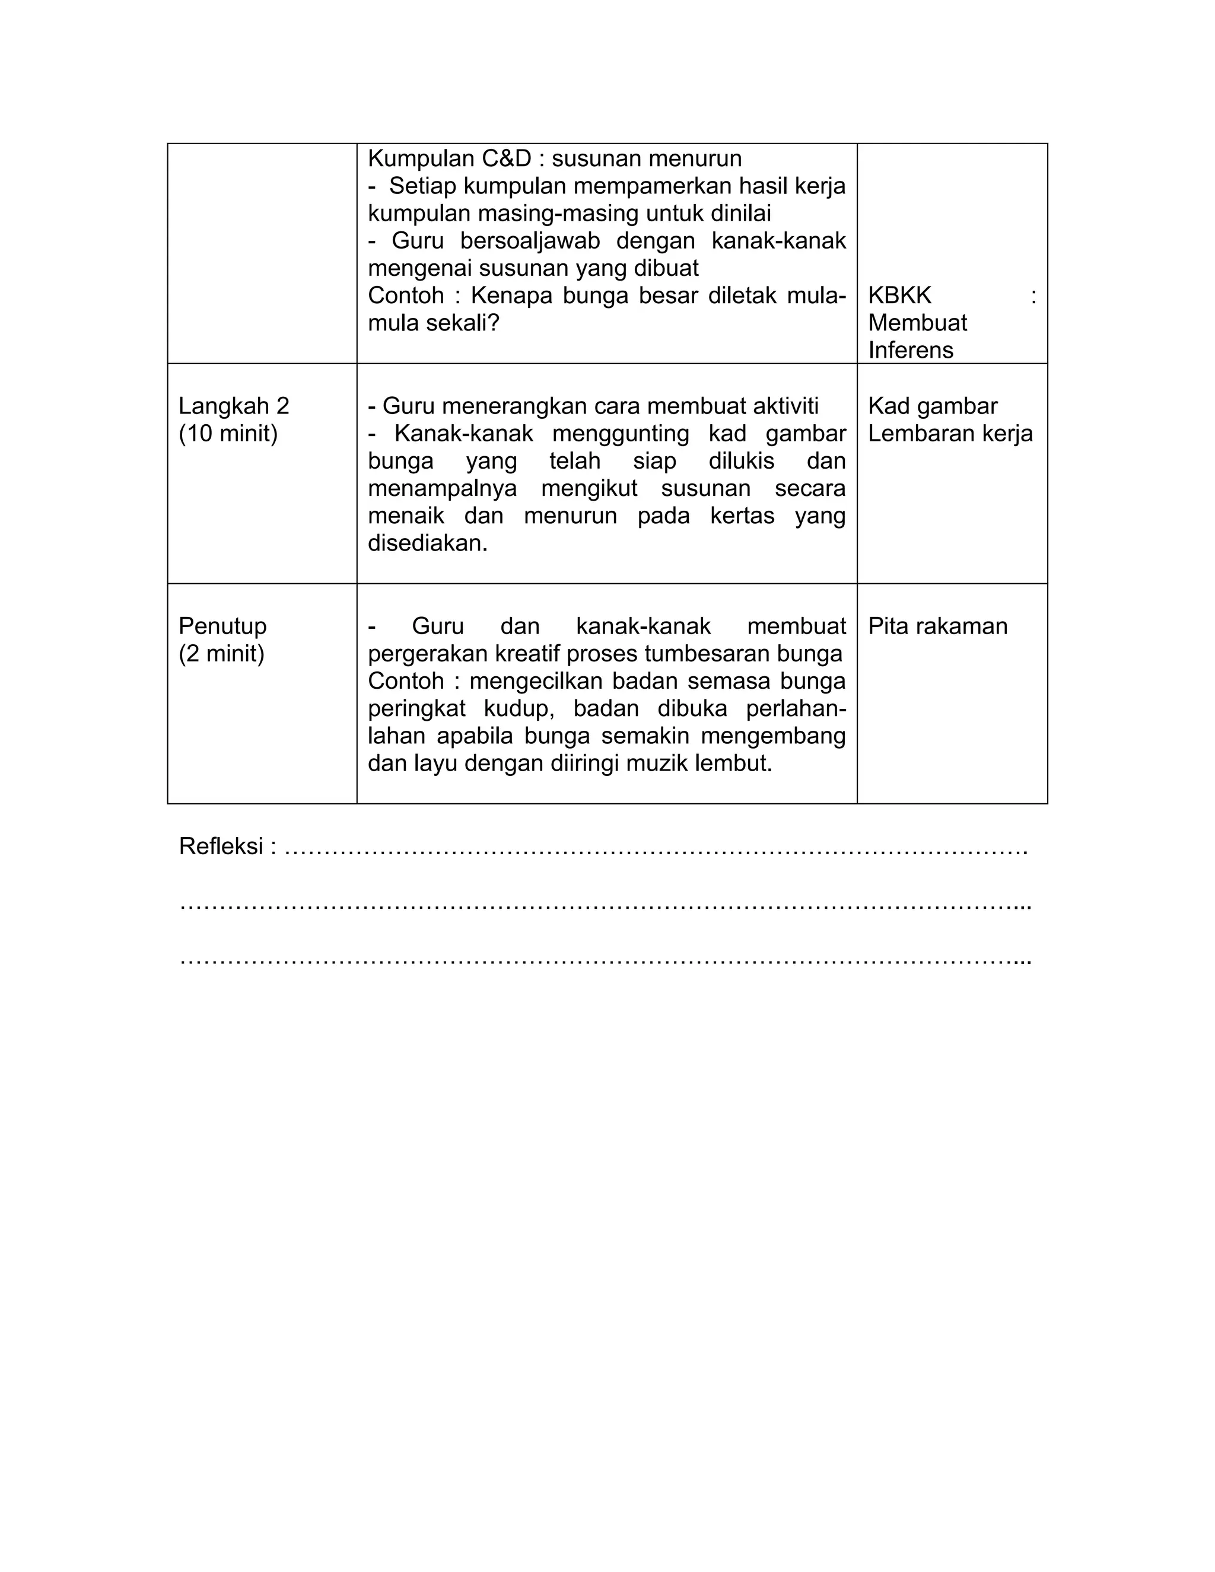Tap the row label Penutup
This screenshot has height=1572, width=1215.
(222, 626)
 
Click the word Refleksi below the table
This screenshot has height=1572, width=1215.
(221, 847)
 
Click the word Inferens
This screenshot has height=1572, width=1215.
(911, 351)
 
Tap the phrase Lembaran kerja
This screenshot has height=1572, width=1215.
(950, 434)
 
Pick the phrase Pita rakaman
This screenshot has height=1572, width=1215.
(937, 627)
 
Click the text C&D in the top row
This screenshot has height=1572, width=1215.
(500, 158)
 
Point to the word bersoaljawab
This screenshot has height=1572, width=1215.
(530, 241)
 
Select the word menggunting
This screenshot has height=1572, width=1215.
(621, 434)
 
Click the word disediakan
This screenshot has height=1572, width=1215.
(428, 543)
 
